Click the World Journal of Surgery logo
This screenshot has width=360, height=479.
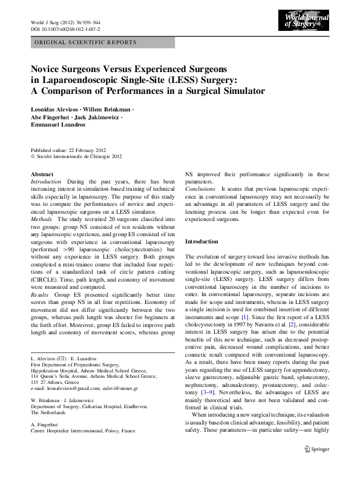click(x=307, y=22)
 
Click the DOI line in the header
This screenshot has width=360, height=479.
click(x=65, y=29)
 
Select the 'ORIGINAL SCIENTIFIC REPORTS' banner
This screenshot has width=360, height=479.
click(x=85, y=43)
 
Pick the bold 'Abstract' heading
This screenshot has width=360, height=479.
click(x=42, y=174)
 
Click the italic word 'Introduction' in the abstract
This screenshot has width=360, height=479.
click(x=46, y=182)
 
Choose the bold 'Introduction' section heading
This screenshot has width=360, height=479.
click(x=201, y=241)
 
